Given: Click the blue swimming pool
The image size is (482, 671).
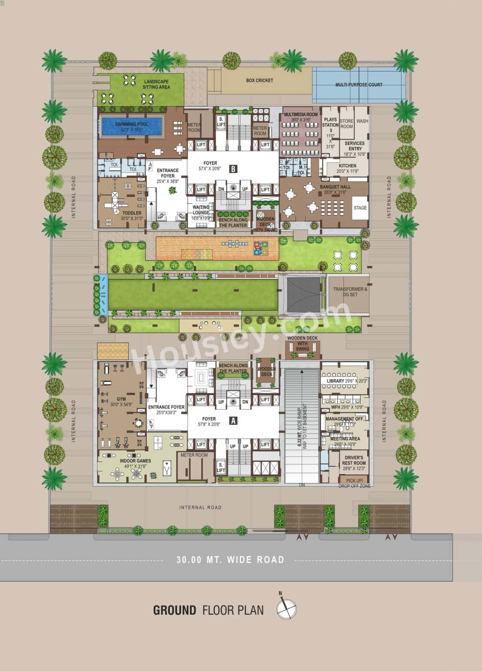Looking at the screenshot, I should (132, 126).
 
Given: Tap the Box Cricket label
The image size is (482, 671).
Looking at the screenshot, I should (259, 80).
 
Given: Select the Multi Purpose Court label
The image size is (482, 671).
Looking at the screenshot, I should (359, 85).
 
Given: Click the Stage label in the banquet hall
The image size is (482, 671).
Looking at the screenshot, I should (360, 208).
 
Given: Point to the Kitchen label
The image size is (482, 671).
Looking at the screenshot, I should (347, 165).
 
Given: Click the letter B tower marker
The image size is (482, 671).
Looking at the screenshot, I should (233, 169).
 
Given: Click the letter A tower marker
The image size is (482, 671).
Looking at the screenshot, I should (233, 421).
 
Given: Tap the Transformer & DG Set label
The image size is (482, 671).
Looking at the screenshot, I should (350, 292).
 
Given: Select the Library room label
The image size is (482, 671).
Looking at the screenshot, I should (336, 381).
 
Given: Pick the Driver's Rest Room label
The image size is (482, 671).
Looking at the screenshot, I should (354, 460).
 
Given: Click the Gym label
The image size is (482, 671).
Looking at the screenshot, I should (121, 399).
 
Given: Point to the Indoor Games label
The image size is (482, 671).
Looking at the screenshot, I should (136, 461).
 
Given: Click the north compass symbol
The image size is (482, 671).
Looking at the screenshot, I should (287, 609).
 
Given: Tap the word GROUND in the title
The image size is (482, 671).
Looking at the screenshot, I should (174, 610).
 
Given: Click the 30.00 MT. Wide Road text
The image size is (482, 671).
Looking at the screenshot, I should (230, 560).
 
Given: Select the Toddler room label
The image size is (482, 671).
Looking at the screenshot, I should (131, 213).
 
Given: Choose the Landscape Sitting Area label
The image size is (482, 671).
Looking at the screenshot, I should (156, 84).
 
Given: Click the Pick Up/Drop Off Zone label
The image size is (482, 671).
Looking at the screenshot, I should (354, 483).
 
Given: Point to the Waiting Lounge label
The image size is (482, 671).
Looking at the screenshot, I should (201, 210).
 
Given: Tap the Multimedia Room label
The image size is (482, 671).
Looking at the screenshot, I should (301, 114).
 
